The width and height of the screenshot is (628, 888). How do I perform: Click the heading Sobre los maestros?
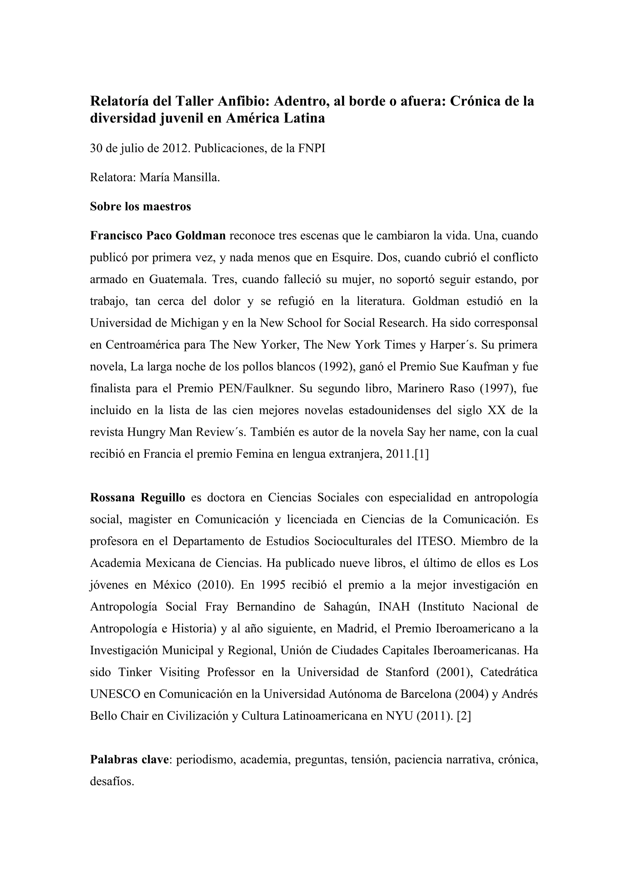[140, 207]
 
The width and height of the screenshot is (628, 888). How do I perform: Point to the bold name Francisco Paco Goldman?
[158, 236]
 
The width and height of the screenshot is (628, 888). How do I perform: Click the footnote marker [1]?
[421, 454]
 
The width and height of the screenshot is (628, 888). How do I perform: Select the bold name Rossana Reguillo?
[138, 497]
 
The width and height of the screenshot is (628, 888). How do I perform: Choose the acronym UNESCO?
[115, 694]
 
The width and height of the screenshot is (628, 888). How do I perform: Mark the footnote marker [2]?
[464, 716]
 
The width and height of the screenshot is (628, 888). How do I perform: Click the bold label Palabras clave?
[130, 760]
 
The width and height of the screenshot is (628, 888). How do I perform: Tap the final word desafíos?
[112, 781]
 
